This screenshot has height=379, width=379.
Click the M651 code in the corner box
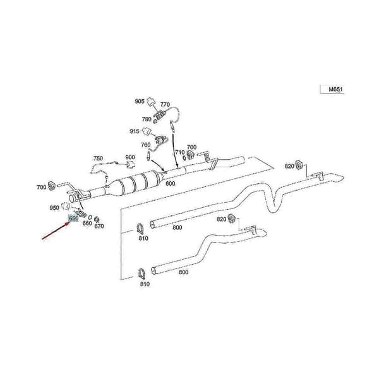335,89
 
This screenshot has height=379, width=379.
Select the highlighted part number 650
73,219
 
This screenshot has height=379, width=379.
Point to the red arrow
56,231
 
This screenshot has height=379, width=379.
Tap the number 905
140,101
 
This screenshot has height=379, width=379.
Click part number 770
165,104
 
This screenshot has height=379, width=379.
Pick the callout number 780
147,119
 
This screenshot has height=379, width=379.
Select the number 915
135,131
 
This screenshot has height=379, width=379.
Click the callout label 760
146,145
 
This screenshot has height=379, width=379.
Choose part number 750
98,159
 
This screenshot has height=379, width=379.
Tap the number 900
130,157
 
